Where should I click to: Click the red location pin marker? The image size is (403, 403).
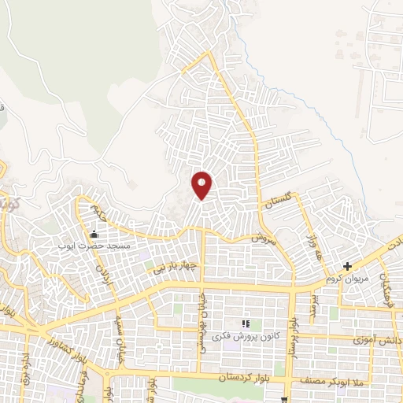click(x=202, y=184)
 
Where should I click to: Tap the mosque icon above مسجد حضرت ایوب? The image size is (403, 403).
click(x=94, y=234)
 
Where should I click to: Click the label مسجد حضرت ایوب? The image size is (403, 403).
click(x=91, y=246)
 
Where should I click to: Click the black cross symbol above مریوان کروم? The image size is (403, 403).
click(x=347, y=267)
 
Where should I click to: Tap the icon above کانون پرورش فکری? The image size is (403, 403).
click(x=246, y=324)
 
